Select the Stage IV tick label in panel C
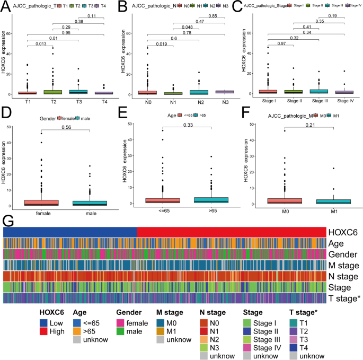(344, 100)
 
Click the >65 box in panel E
(211, 200)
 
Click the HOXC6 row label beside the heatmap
(343, 232)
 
